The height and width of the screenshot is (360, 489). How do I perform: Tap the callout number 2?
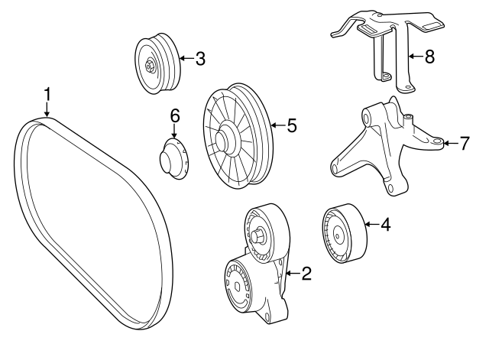pyautogui.click(x=306, y=274)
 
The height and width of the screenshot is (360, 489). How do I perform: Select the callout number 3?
pyautogui.click(x=199, y=58)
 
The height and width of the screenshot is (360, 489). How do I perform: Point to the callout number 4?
pyautogui.click(x=385, y=225)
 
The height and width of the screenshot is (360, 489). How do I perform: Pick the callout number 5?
pyautogui.click(x=291, y=126)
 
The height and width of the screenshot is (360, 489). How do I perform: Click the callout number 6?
pyautogui.click(x=174, y=115)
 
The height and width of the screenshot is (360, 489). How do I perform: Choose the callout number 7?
pyautogui.click(x=464, y=143)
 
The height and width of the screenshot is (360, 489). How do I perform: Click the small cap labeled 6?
pyautogui.click(x=173, y=160)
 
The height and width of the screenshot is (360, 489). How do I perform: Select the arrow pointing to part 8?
pyautogui.click(x=413, y=57)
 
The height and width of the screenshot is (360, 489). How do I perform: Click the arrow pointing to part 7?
pyautogui.click(x=449, y=143)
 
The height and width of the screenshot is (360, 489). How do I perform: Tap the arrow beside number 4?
pyautogui.click(x=370, y=225)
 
